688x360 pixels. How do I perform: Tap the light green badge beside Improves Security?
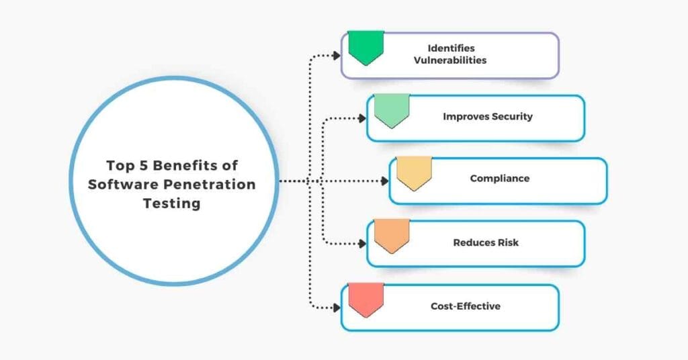click(x=392, y=110)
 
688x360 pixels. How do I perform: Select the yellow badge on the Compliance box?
click(x=414, y=173)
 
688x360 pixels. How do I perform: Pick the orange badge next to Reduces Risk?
click(x=392, y=236)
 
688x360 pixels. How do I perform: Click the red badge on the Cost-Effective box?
click(x=366, y=299)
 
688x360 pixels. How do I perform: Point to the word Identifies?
click(x=451, y=48)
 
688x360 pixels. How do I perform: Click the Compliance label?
click(x=500, y=179)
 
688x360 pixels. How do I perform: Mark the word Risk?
click(x=508, y=242)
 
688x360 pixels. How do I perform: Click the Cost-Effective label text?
click(x=466, y=306)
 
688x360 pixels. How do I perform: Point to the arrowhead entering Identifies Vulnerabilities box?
click(x=337, y=55)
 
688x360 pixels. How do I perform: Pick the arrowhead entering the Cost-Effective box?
click(x=337, y=308)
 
